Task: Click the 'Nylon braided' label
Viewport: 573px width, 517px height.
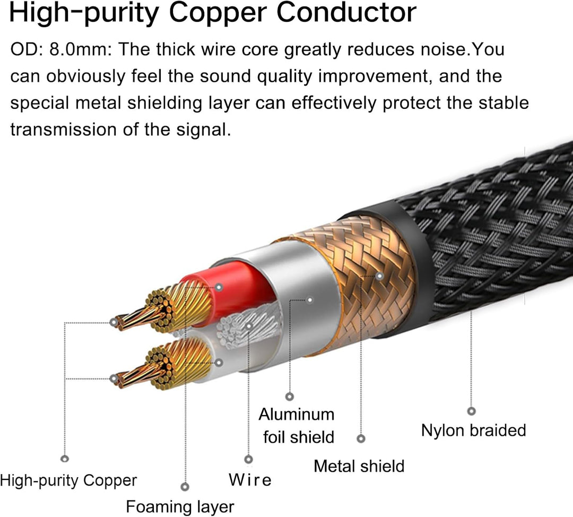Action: (473, 430)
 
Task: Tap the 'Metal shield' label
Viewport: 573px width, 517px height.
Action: (359, 466)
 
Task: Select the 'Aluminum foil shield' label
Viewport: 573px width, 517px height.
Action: (297, 425)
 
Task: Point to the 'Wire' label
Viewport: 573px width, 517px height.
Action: (250, 480)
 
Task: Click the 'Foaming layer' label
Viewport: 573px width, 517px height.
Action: (180, 506)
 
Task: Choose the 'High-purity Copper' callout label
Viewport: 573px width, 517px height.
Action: (68, 481)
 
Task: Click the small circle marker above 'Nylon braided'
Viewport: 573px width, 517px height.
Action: (471, 411)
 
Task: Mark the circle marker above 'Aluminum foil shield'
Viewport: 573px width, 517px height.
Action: (290, 397)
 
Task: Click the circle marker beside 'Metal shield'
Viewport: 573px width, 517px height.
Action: (361, 439)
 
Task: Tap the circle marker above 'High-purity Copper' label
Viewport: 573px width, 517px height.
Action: (65, 459)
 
